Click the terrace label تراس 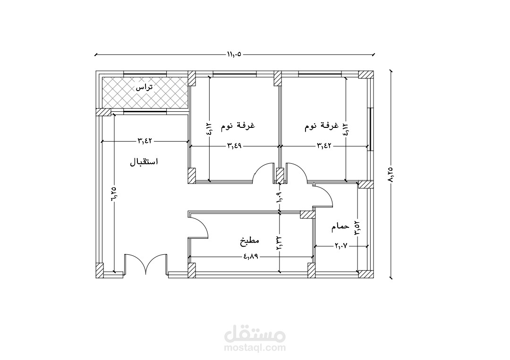tap(144, 88)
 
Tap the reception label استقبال tap(144, 162)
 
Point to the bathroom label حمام tap(340, 227)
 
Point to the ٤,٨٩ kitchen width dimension tap(252, 257)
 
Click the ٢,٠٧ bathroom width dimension tap(341, 246)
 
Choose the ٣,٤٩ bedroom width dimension tap(234, 146)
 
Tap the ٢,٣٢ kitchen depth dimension tap(280, 243)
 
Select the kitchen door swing tap(199, 227)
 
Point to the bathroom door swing tap(323, 195)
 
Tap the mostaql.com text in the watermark tap(255, 349)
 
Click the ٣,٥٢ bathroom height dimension tap(357, 228)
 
